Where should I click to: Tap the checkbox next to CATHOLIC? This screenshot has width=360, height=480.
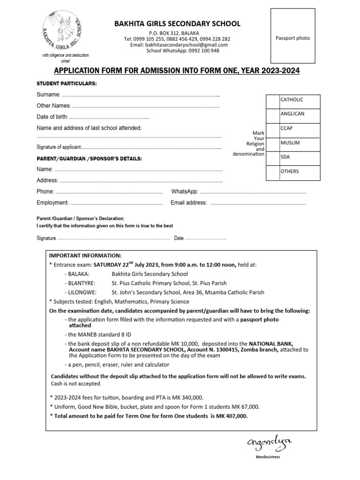272,101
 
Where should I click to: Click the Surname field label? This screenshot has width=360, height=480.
48,95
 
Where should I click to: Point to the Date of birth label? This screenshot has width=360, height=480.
52,117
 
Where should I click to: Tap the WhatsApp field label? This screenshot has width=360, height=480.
185,192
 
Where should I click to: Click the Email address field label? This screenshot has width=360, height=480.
189,203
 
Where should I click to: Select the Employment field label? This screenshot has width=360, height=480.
52,203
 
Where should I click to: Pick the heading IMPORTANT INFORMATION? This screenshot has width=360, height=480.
85,255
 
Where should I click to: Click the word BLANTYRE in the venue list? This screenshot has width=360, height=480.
81,284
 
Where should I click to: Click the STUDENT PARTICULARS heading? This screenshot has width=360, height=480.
67,83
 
